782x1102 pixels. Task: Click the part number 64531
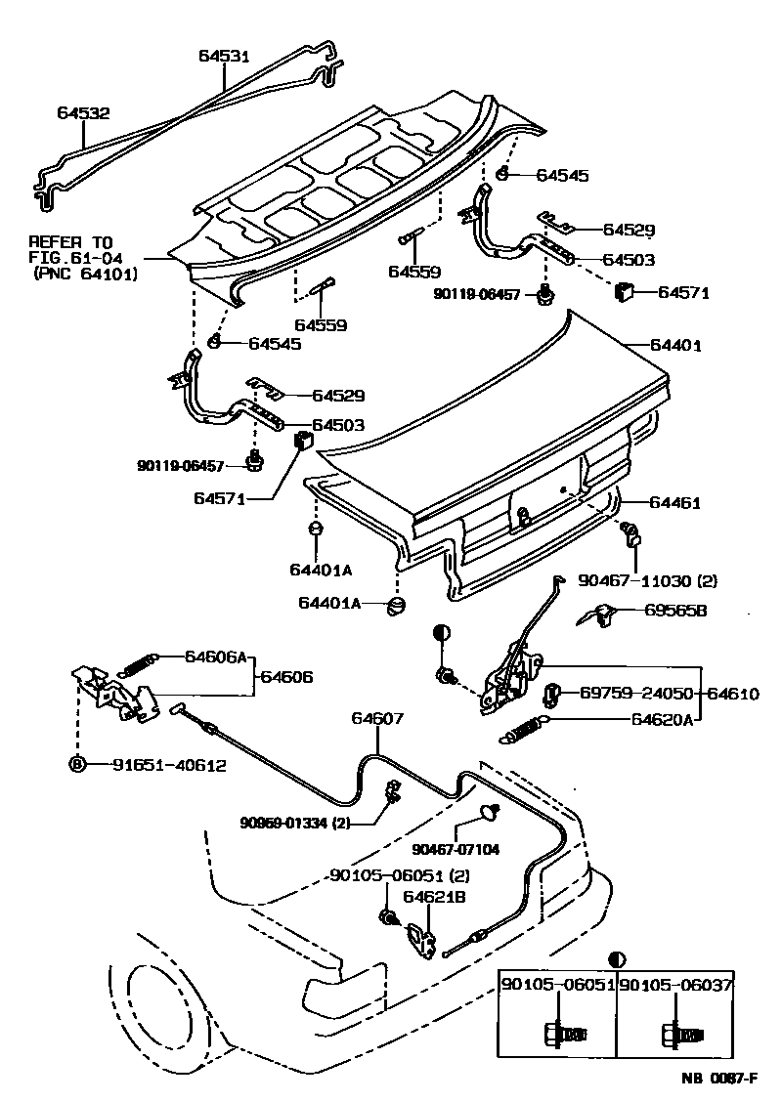coord(225,57)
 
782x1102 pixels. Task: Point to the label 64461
coord(676,503)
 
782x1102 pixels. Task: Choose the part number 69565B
coord(676,611)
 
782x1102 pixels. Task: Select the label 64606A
coord(217,657)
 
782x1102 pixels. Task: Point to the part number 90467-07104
coord(456,849)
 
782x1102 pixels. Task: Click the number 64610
coord(733,694)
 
